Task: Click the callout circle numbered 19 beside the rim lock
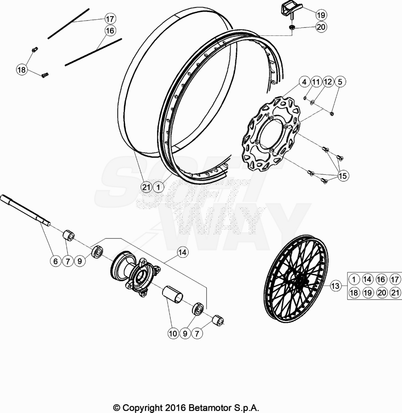tap(321, 15)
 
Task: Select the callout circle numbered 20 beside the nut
tap(321, 27)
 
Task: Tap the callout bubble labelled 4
tap(304, 82)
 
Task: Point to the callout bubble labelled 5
tap(340, 82)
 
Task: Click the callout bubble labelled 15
tap(343, 176)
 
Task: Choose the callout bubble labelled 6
tap(55, 261)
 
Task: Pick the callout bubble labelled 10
tap(173, 334)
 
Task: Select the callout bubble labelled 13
tap(335, 286)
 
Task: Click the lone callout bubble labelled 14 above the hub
tap(182, 252)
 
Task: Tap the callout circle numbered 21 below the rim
tap(146, 187)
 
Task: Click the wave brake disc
tap(271, 134)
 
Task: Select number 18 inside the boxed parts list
tap(354, 293)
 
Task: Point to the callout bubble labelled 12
tap(328, 82)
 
